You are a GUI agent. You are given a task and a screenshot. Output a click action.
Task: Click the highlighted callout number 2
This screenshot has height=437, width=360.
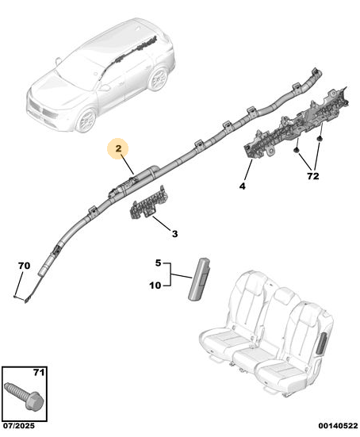[x=118, y=148]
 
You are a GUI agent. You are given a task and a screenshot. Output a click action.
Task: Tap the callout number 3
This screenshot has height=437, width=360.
[x=174, y=233]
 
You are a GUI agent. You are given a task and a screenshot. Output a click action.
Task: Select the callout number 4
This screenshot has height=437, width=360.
[x=243, y=186]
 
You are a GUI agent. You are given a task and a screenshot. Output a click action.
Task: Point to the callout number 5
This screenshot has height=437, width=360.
[x=159, y=263]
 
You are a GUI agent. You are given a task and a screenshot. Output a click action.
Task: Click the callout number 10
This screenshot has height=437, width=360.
[x=155, y=286]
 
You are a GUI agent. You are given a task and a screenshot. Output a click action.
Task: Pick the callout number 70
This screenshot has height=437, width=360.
[x=25, y=266]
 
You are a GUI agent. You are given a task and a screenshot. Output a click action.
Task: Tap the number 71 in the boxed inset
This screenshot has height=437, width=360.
[x=39, y=372]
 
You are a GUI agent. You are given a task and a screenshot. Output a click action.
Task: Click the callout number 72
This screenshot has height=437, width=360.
[x=312, y=176]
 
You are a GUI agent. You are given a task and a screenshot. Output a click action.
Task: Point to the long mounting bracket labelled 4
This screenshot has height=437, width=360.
[x=297, y=122]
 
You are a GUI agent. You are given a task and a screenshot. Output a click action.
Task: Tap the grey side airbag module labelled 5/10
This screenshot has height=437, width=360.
[x=200, y=279]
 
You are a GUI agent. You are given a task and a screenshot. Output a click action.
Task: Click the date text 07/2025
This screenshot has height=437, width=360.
[x=19, y=426]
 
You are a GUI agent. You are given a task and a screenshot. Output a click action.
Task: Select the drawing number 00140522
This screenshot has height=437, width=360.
[x=338, y=426]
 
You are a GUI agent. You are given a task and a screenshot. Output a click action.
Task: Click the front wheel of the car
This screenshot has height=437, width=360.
[x=86, y=121]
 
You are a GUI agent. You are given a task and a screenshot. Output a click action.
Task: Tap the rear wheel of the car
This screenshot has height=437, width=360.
[x=158, y=78]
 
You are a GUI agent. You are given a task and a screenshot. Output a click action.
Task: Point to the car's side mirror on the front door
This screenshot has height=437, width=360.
[x=105, y=87]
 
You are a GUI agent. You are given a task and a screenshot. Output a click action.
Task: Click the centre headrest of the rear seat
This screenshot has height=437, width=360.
[x=283, y=295]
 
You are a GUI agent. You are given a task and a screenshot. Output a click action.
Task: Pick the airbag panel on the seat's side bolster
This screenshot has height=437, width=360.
[x=322, y=343]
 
